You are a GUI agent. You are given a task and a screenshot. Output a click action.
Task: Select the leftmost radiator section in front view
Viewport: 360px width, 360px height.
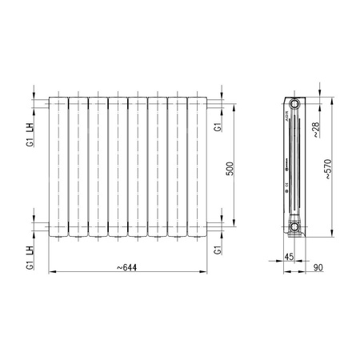(58, 166)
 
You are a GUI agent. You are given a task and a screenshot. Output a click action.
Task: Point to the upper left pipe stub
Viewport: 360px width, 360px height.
(44, 104)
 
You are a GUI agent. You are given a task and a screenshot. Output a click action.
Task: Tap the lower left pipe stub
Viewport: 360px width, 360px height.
(44, 227)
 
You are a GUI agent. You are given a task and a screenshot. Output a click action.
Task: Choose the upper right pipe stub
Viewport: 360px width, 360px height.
(210, 104)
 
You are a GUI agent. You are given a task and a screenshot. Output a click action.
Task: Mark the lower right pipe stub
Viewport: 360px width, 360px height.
(210, 227)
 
